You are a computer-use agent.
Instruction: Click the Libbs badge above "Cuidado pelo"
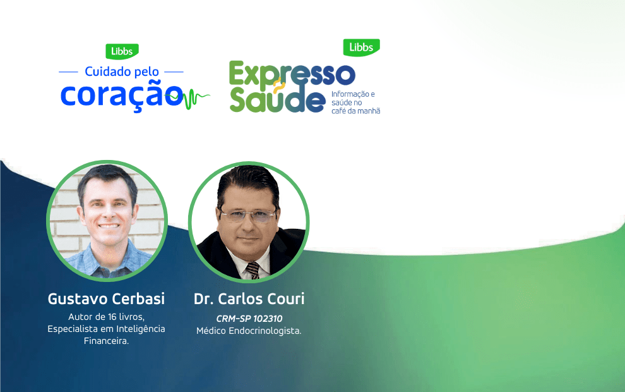[121, 51]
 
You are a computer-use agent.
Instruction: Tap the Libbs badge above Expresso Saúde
[361, 47]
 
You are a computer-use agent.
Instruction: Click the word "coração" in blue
[121, 94]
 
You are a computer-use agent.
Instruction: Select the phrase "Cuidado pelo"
[121, 71]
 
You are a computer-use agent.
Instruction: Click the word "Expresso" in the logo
[291, 75]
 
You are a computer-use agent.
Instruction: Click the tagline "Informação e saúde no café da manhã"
[355, 102]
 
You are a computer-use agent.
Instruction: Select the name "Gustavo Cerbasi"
[106, 298]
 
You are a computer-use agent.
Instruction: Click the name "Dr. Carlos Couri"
[249, 298]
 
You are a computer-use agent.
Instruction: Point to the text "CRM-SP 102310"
[249, 319]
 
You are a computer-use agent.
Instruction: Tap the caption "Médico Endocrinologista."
[249, 331]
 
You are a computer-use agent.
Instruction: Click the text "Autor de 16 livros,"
[106, 317]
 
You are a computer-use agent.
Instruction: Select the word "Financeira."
[106, 341]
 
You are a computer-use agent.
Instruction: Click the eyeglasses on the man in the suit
[249, 215]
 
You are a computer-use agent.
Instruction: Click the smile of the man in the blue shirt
[108, 225]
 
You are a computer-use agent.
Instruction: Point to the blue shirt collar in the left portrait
[95, 256]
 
